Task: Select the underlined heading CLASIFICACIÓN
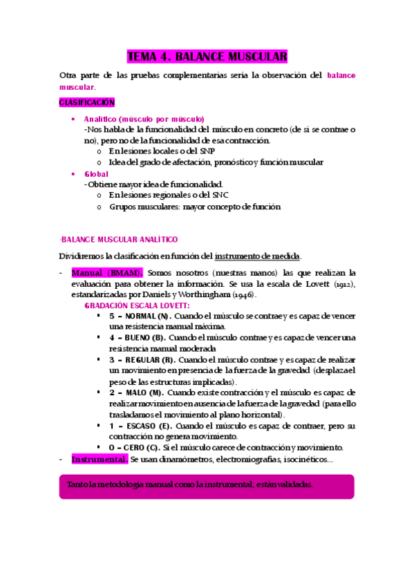[x=86, y=102]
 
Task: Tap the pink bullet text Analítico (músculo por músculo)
[x=144, y=119]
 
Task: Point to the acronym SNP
[x=205, y=151]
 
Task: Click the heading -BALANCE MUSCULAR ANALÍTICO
[x=118, y=239]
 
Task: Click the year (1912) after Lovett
[x=340, y=284]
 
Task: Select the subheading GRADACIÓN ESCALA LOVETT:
[x=137, y=305]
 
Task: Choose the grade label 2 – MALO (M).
[x=135, y=393]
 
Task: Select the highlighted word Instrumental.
[x=100, y=460]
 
